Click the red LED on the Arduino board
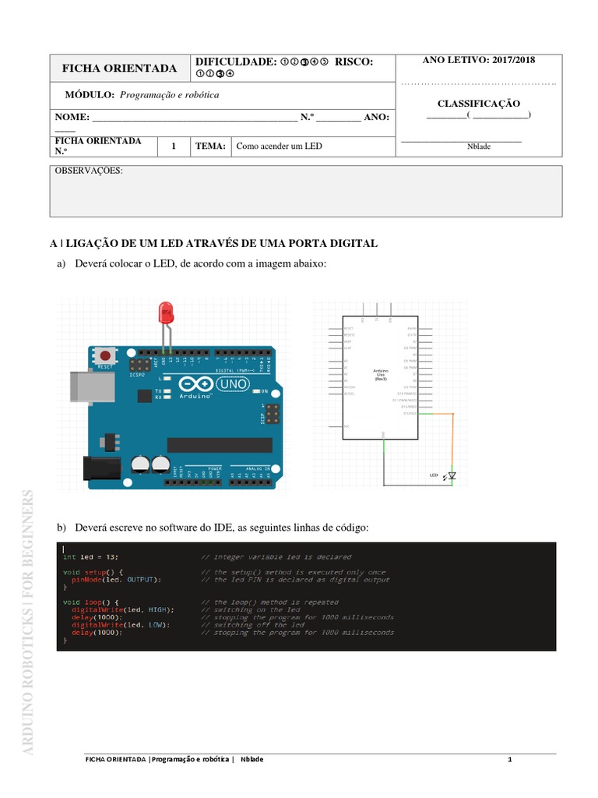[165, 313]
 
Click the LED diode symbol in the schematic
[451, 475]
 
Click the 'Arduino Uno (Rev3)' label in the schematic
[381, 375]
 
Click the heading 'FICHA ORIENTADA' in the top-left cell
[119, 69]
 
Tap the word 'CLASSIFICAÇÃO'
[478, 103]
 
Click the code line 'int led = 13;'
[91, 557]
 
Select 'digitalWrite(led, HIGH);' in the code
[122, 609]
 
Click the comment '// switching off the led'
[252, 625]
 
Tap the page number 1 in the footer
[508, 759]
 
